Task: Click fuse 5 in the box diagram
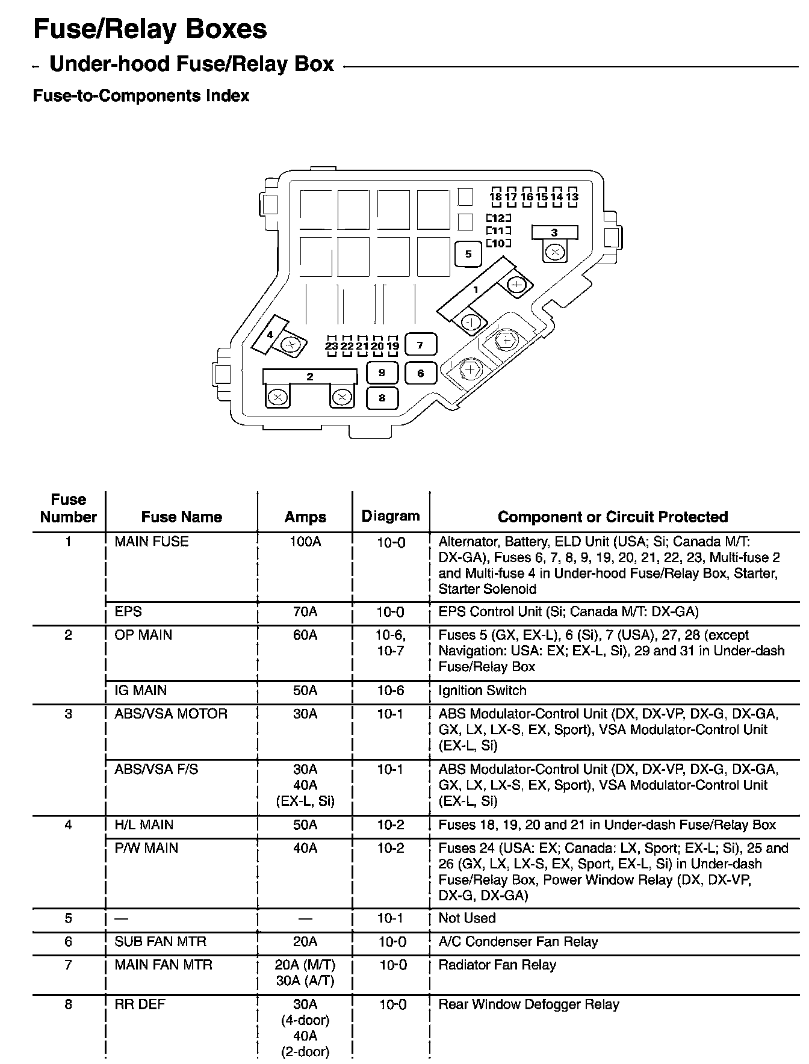click(468, 254)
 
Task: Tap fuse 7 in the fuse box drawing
click(420, 345)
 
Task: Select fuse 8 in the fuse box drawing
click(382, 398)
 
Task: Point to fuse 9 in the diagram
click(382, 373)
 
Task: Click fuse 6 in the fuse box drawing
click(420, 373)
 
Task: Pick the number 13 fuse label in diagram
click(572, 197)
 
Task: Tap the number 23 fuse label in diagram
click(332, 346)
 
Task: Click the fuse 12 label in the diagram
click(498, 218)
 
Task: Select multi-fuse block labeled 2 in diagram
click(309, 377)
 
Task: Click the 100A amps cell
click(305, 542)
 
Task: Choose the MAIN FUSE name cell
click(152, 542)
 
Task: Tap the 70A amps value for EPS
click(305, 612)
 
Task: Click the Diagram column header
click(391, 516)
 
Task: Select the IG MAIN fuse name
click(141, 690)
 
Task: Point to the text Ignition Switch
click(482, 690)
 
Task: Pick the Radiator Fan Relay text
click(497, 965)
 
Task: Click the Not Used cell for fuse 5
click(467, 918)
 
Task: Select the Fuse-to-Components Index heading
click(141, 96)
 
